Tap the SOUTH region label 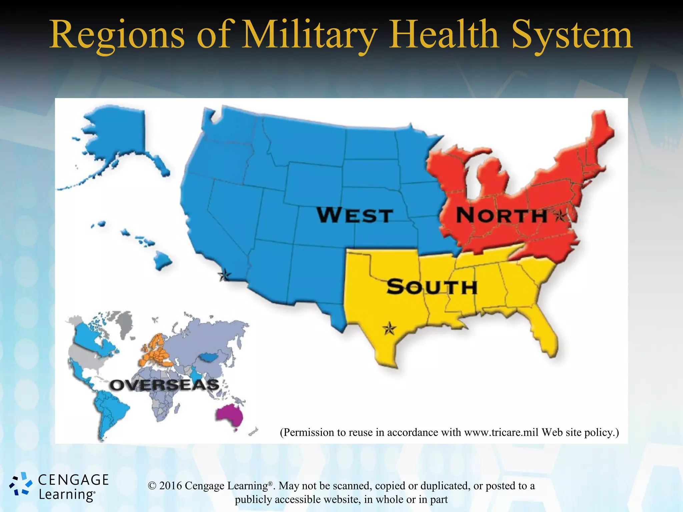432,287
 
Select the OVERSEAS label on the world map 164,385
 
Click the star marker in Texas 389,329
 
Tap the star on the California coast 224,275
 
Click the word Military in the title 309,35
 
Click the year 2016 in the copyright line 170,486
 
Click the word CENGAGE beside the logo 73,480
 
